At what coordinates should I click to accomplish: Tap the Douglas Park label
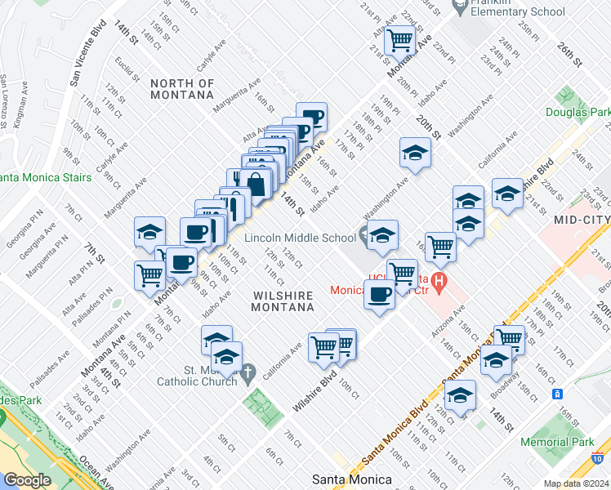click(x=578, y=113)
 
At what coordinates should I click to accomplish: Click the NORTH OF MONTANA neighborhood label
click(x=182, y=89)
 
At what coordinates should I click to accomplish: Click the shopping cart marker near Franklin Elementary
click(x=400, y=38)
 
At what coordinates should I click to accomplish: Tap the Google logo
click(x=27, y=480)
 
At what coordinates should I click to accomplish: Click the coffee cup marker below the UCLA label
click(x=379, y=294)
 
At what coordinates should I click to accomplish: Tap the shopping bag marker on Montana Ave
click(x=256, y=182)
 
